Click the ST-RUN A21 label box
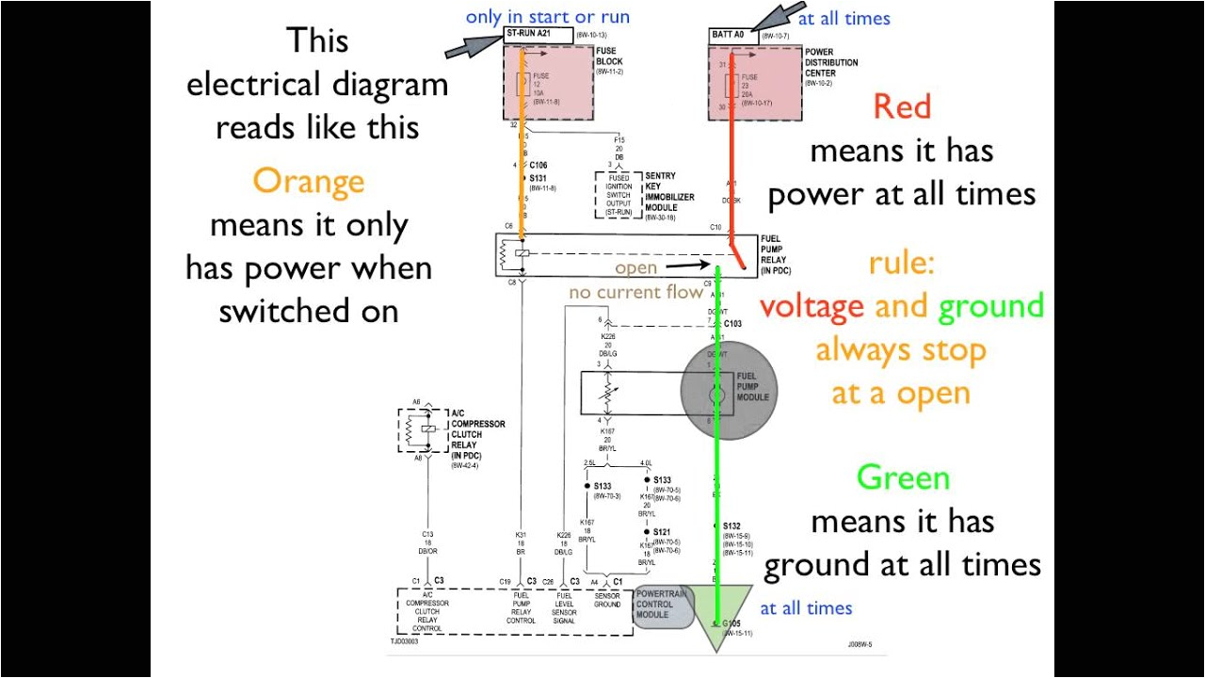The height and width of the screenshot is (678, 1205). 538,34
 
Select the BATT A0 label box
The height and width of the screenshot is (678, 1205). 732,36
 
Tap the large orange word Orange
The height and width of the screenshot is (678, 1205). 308,180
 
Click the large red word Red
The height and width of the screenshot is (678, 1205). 901,105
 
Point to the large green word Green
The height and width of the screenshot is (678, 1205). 902,477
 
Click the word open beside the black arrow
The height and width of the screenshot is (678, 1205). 635,268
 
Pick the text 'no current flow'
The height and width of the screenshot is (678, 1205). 635,293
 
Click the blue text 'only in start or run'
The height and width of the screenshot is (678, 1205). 547,17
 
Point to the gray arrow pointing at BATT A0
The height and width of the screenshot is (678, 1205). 771,20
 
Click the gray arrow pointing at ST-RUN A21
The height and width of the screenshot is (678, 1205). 471,47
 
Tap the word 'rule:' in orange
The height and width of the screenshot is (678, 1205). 902,264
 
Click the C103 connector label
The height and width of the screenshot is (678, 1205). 732,323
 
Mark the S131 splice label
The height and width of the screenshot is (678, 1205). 538,178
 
